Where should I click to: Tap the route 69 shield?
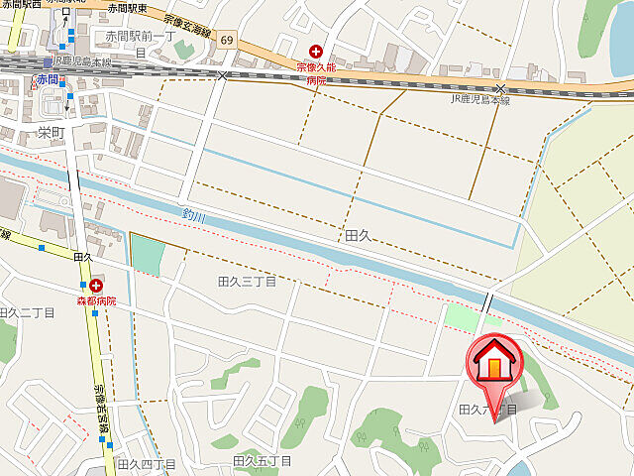228,40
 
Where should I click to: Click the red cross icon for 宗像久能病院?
316,51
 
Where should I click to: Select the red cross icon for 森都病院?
96,286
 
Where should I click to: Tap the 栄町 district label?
51,132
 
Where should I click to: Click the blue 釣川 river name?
195,213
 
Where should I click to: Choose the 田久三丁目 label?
247,282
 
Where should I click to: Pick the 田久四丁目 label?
146,464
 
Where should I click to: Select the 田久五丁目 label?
263,461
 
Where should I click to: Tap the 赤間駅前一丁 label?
139,37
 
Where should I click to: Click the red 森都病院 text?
97,300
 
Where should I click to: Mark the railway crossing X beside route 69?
224,74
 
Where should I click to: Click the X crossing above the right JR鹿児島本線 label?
500,89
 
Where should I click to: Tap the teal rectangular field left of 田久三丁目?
146,255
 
